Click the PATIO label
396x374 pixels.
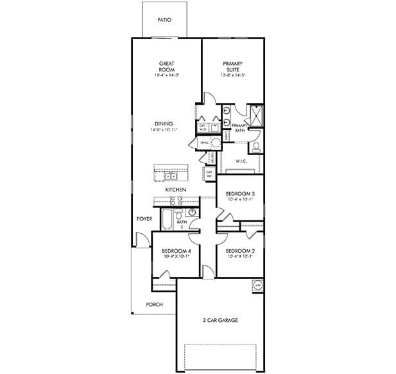164,20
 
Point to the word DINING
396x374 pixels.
164,124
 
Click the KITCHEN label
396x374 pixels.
175,190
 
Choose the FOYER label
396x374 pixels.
144,219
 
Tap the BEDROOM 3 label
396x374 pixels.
240,194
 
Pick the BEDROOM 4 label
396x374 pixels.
175,251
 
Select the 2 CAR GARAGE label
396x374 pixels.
220,320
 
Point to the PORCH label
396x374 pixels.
154,305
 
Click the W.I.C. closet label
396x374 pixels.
241,161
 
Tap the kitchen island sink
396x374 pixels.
171,174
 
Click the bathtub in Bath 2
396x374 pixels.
166,220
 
